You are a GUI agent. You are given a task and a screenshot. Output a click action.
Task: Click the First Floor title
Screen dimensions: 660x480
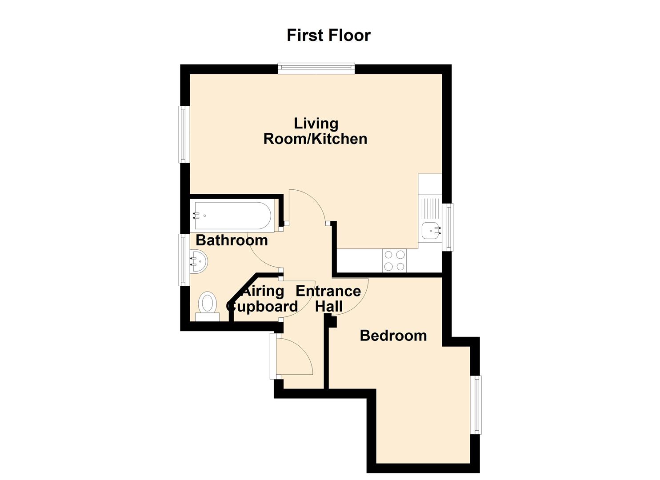(x=328, y=36)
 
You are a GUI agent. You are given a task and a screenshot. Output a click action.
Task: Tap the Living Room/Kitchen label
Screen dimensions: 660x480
(x=316, y=131)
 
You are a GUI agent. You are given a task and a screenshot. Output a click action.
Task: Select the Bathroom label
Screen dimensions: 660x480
(x=232, y=240)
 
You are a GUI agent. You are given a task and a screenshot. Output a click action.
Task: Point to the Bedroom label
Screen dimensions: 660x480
(x=393, y=336)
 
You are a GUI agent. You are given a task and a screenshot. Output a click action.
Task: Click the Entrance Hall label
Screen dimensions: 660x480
(x=328, y=299)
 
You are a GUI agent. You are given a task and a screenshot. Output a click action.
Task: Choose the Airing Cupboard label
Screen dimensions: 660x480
(x=262, y=299)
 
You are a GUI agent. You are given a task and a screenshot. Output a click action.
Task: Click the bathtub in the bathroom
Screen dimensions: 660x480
(x=233, y=216)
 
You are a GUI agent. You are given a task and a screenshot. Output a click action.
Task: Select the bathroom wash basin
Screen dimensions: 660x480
(x=199, y=261)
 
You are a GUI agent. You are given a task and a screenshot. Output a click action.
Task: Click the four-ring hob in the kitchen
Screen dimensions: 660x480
(x=394, y=260)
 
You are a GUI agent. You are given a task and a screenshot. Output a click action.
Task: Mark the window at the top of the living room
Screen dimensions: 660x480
(x=316, y=68)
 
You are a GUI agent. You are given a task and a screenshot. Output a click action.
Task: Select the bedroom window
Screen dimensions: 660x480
(x=476, y=405)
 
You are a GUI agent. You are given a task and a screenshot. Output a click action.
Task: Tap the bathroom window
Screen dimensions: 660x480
(x=184, y=260)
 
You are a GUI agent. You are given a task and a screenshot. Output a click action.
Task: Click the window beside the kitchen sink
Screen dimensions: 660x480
(x=448, y=227)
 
